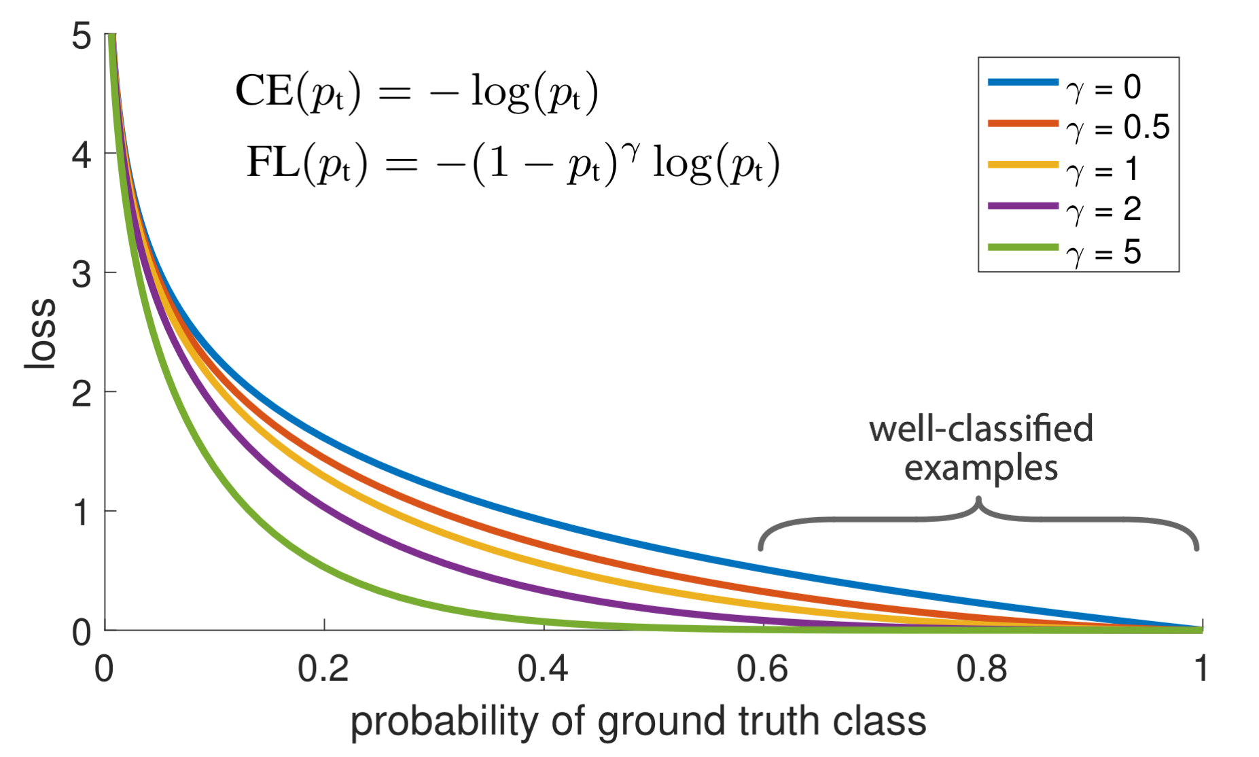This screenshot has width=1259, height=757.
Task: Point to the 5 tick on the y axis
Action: pyautogui.click(x=82, y=35)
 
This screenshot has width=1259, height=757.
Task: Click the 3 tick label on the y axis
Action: pyautogui.click(x=82, y=275)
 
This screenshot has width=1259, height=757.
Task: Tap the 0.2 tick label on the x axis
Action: pyautogui.click(x=323, y=669)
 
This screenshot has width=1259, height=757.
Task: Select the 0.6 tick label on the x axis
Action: pyautogui.click(x=762, y=669)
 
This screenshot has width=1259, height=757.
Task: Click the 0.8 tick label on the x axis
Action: pyautogui.click(x=982, y=669)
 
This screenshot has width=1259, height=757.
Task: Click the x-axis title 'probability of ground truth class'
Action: pyautogui.click(x=638, y=722)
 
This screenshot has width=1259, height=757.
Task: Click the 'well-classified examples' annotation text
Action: pyautogui.click(x=980, y=448)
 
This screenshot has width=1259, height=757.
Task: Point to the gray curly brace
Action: pyautogui.click(x=978, y=520)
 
